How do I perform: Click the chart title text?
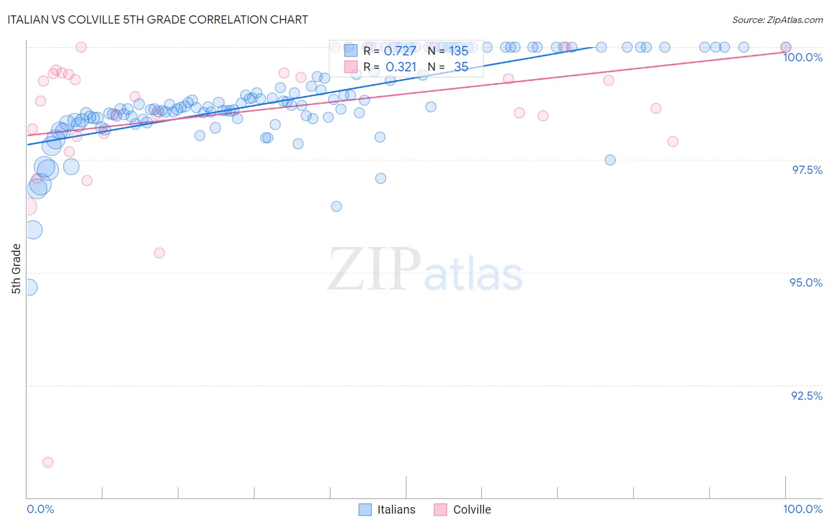coord(158,19)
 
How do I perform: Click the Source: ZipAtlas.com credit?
coord(777,19)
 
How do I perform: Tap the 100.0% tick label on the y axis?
coord(802,57)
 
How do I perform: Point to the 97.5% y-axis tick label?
coord(807,170)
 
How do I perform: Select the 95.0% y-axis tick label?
coord(806,282)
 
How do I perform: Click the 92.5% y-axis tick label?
coord(806,396)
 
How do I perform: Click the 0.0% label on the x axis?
coord(40,509)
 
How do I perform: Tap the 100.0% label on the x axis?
coord(802,509)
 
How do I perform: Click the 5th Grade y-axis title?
coord(16,269)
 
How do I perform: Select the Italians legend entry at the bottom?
coord(387,509)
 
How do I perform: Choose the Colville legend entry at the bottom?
coord(463,509)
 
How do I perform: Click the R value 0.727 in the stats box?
coord(400,51)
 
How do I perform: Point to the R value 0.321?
coord(401,67)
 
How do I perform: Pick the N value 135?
coord(459,51)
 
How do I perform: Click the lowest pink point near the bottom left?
coord(48,462)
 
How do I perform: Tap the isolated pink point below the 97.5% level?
coord(159,253)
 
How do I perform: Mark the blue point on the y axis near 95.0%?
coord(29,287)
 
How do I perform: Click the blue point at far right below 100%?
coord(610,160)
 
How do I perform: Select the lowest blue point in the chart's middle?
coord(336,206)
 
